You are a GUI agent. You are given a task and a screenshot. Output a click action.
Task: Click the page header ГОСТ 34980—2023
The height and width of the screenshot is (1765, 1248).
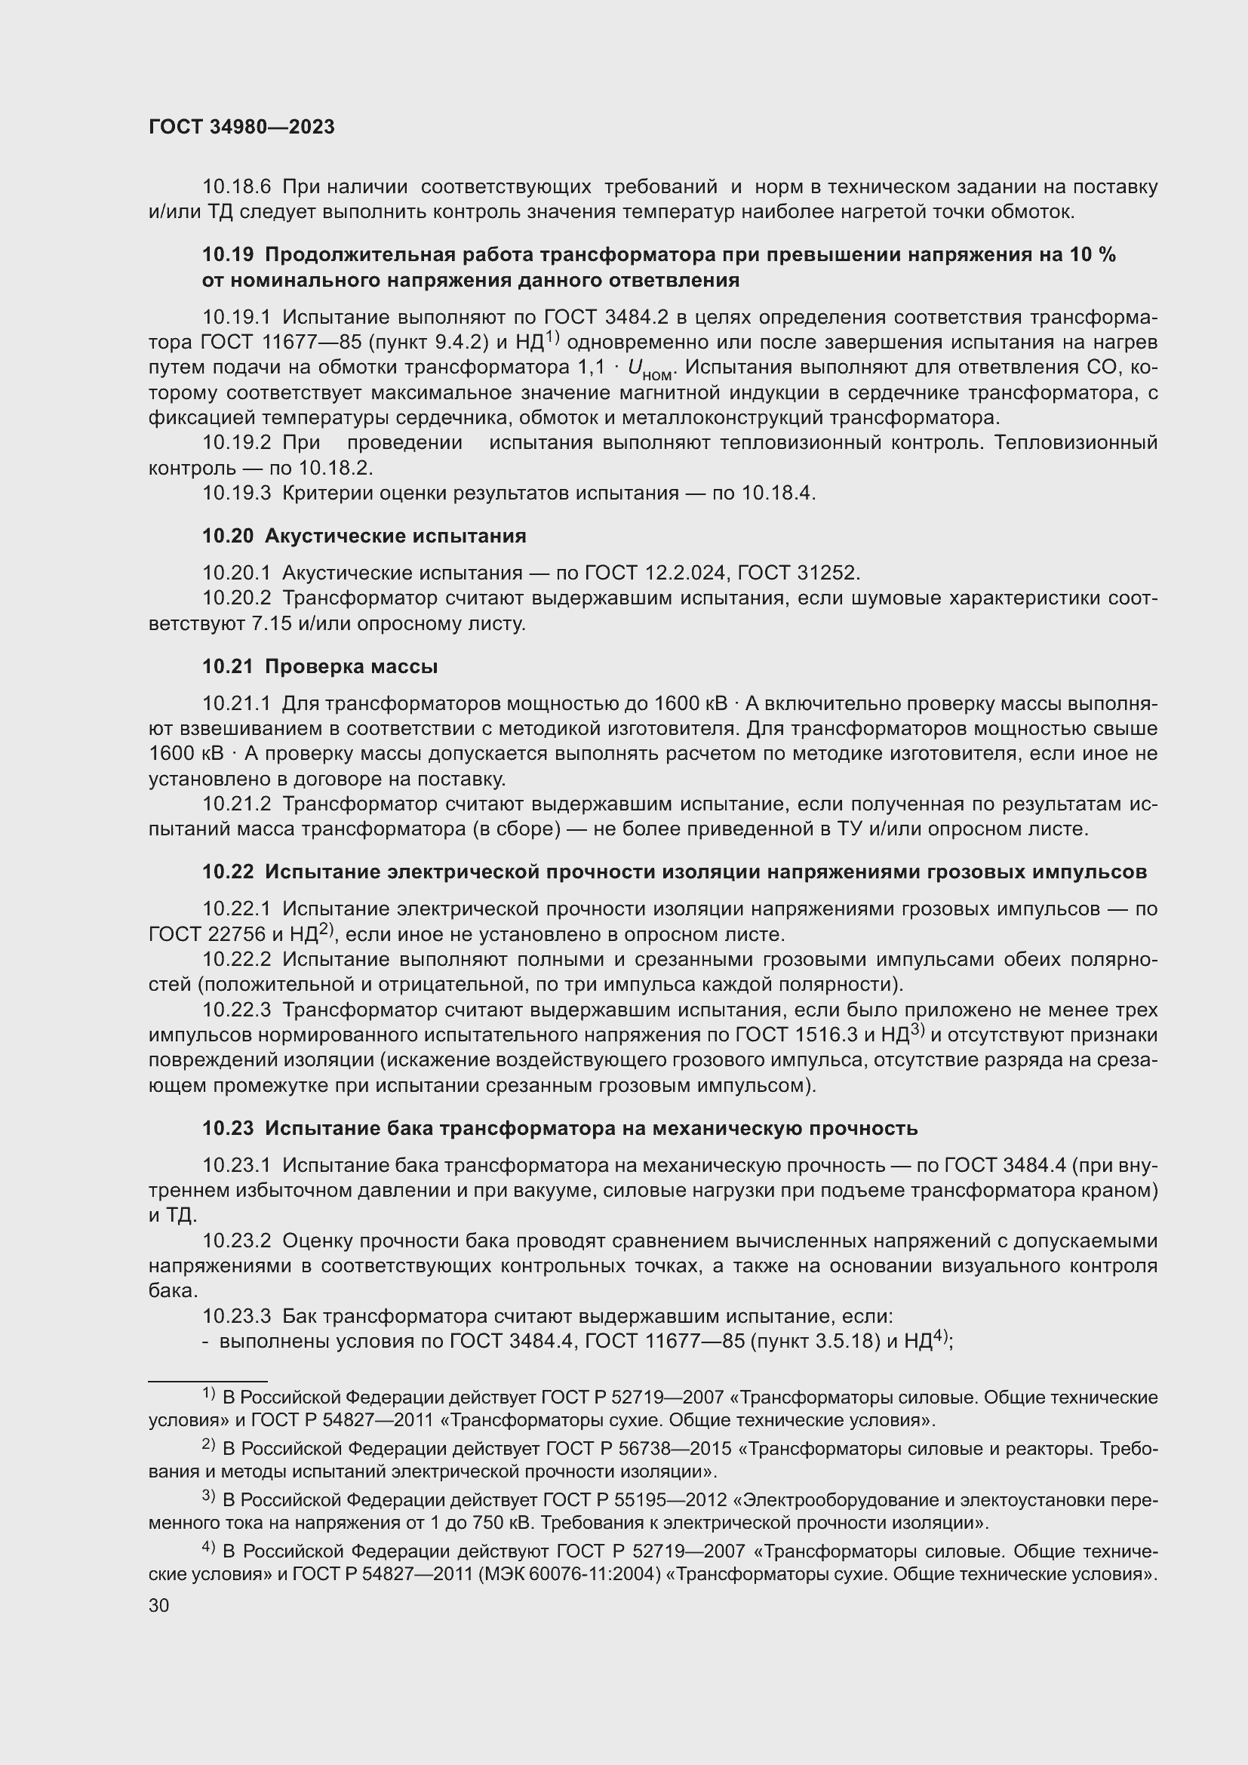(241, 128)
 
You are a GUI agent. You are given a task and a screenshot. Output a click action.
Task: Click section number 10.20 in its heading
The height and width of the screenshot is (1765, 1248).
(226, 536)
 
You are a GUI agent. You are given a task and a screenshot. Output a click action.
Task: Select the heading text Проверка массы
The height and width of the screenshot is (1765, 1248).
(351, 666)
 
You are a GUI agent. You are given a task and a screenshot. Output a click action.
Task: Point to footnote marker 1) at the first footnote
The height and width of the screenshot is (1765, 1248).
(208, 1393)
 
